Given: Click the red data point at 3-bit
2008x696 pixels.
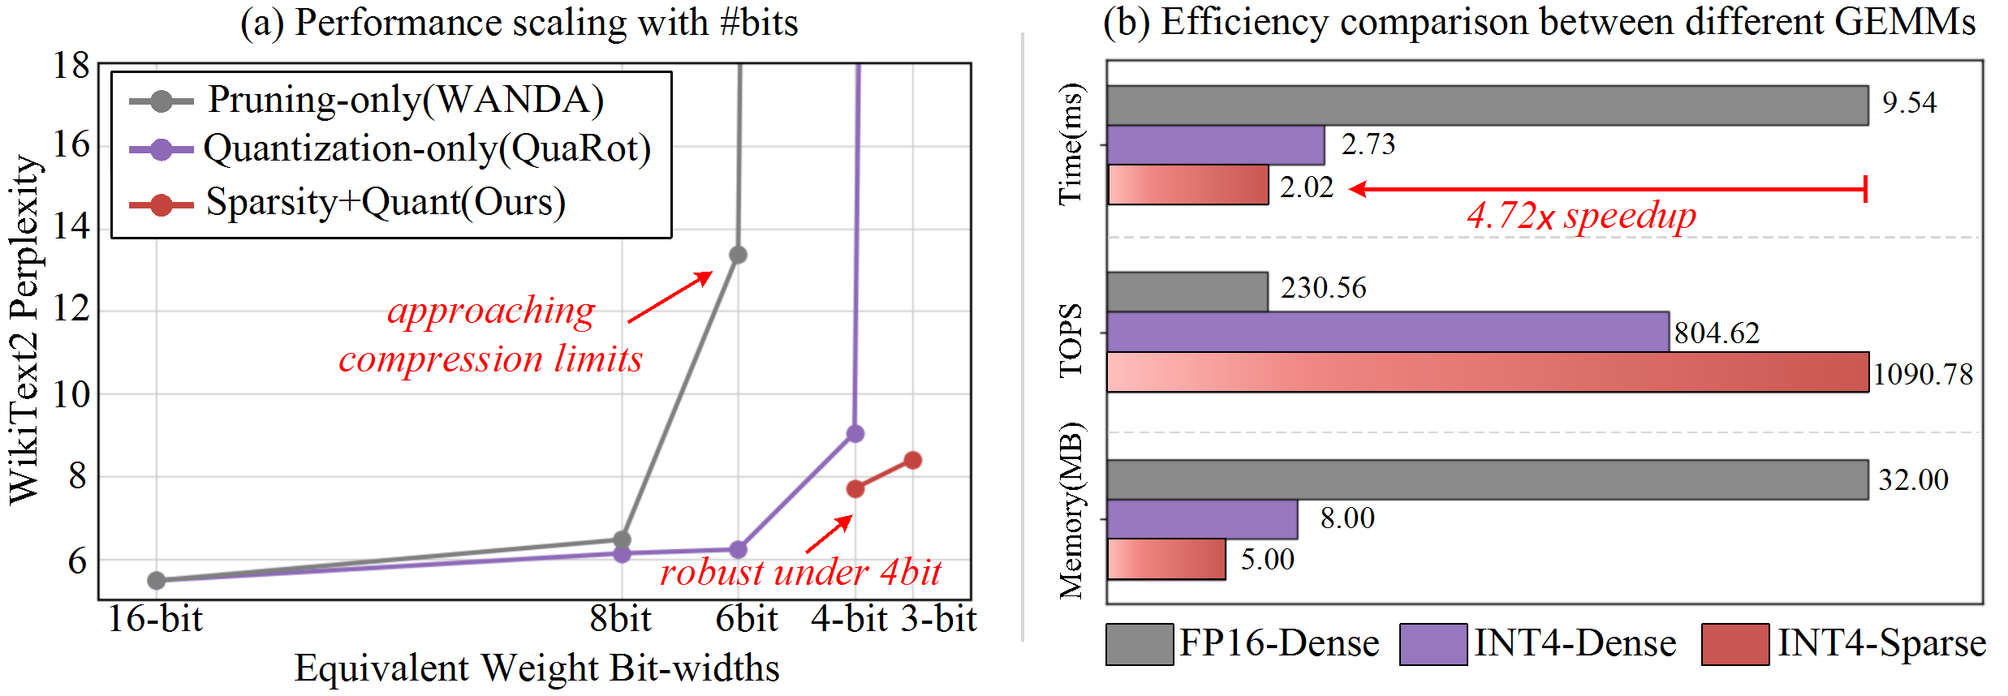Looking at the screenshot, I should point(912,460).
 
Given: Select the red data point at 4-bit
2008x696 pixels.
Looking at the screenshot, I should point(855,488).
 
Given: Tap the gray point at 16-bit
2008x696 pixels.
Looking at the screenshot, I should point(157,580).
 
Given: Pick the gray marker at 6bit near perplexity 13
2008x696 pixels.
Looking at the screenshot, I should point(738,255).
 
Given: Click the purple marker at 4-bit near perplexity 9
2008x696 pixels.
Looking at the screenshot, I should point(855,434).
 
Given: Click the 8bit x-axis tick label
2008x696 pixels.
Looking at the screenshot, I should point(620,620).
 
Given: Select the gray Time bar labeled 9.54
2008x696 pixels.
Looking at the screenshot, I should point(1487,105).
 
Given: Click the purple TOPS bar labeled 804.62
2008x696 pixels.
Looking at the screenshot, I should point(1388,332).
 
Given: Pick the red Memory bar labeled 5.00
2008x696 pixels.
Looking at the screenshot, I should point(1166,560).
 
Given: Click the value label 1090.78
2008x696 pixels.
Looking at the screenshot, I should point(1923,374).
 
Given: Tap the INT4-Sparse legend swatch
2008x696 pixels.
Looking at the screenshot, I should point(1735,644).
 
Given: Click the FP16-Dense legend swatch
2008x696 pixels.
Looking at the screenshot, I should point(1139,644).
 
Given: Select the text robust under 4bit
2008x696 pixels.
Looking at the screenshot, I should point(800,573).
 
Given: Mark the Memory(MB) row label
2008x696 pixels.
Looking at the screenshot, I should point(1071,511).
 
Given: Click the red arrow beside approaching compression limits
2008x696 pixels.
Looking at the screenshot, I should point(670,297).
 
